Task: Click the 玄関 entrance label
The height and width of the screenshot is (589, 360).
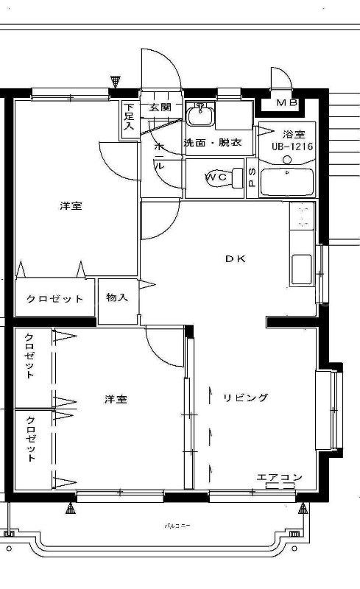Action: pos(160,108)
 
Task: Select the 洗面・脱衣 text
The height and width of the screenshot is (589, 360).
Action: pos(213,143)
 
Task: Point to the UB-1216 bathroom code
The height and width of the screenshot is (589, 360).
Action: pos(292,147)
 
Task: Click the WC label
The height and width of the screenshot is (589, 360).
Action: pos(216,177)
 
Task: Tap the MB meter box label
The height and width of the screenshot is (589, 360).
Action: pos(287,103)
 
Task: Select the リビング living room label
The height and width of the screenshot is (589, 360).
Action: pos(246,398)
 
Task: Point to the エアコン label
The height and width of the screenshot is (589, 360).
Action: pos(279,478)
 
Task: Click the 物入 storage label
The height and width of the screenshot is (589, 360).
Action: pos(117,298)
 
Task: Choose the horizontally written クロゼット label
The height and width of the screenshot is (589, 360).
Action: pos(55,299)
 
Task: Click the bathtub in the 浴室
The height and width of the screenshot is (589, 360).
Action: pos(288,182)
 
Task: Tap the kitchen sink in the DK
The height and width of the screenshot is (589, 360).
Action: pos(302,269)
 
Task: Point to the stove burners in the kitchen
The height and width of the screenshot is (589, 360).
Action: pos(302,216)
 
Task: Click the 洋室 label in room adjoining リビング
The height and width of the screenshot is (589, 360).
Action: pos(115,399)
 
